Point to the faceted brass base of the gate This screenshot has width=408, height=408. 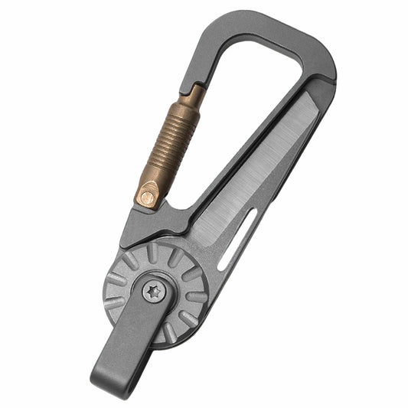149,191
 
